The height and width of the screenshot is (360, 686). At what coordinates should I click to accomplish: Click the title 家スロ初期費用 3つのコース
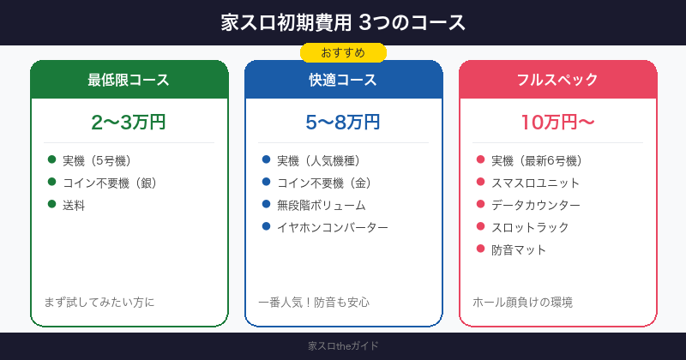pos(343,22)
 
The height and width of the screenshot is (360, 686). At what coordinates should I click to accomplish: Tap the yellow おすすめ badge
pos(343,53)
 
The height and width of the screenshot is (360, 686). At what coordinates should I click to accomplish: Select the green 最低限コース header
pos(129,81)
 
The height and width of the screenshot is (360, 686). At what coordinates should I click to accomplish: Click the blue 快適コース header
pos(343,81)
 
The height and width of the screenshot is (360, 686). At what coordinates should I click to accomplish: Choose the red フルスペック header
pos(557,81)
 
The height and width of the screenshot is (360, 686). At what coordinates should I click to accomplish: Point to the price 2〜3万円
pos(129,122)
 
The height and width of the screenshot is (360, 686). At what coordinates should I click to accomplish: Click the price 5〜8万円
pos(343,122)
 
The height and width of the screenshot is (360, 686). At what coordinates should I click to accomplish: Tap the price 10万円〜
pos(557,122)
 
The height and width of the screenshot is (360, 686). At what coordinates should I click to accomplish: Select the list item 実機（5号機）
pos(97,160)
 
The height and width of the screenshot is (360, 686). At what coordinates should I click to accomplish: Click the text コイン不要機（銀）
pos(110,183)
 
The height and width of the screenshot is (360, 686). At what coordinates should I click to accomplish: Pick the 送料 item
pos(74,205)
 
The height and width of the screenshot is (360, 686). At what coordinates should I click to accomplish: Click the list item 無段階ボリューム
pos(321,205)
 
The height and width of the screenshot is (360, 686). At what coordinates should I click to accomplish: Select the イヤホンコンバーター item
pos(332,227)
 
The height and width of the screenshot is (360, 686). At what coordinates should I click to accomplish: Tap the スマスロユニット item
pos(535,183)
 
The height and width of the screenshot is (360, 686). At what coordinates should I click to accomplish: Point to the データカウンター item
pos(535,205)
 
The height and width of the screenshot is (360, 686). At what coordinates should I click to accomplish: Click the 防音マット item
pos(519,249)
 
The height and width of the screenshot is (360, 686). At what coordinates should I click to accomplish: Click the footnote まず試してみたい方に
pos(99,302)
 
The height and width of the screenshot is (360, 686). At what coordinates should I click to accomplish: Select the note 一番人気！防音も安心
pos(314,302)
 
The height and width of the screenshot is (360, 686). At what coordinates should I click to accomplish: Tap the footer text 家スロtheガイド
pos(343,346)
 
